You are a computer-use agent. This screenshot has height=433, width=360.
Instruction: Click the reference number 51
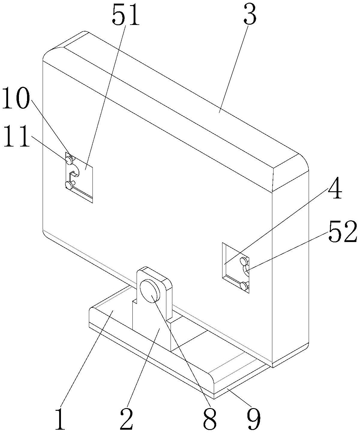click(126, 17)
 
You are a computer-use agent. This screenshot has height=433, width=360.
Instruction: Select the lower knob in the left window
click(69, 185)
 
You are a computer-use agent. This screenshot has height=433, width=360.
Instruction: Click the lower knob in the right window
click(245, 285)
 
